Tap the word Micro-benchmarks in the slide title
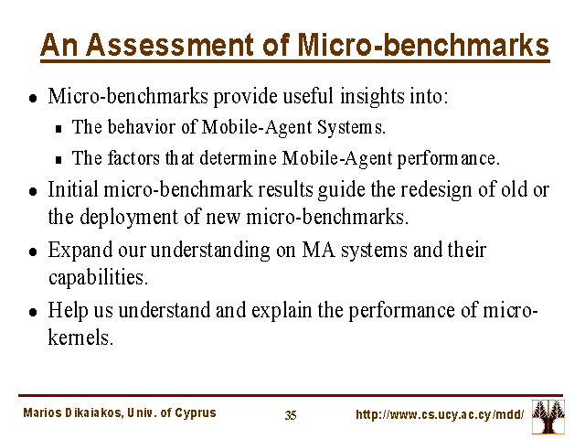423,45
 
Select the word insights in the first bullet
372,97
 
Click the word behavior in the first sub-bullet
142,127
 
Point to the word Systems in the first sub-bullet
351,128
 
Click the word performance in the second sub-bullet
448,159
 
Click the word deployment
129,218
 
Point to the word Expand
80,251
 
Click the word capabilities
98,277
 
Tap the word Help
68,311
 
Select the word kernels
80,337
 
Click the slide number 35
291,415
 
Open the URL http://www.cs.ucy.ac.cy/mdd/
440,414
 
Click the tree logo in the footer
548,417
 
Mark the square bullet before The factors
58,160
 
